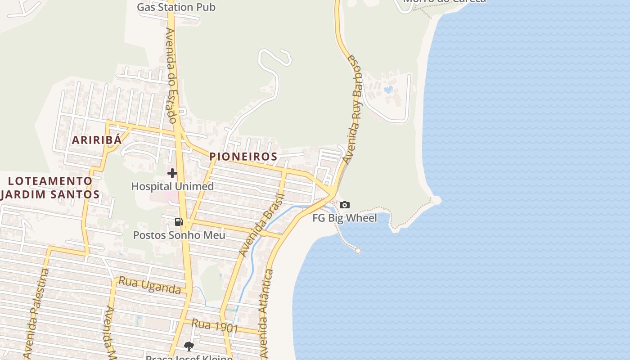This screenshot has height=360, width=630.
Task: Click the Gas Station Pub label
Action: pos(176,7)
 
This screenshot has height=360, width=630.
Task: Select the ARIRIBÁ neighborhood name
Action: pos(97,140)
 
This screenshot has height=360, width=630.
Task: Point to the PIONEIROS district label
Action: pos(243,157)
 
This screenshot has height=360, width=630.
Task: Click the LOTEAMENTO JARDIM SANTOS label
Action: pos(50,188)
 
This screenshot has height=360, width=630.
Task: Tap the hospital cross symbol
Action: pos(172,173)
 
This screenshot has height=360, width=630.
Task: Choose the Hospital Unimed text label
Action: pos(172,186)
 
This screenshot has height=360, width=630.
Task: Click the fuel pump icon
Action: pos(179,222)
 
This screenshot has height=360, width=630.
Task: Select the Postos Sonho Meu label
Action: pos(179,235)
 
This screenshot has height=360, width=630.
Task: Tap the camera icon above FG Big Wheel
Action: pos(344,205)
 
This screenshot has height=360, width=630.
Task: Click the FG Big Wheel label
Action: pos(345,218)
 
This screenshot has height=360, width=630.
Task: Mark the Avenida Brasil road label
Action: pos(262,225)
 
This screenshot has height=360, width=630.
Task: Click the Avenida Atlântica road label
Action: pos(266,313)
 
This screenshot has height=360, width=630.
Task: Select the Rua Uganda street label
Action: pos(150,286)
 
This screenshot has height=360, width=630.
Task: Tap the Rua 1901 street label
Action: pos(215,326)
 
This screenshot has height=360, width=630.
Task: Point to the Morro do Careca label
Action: pos(444,1)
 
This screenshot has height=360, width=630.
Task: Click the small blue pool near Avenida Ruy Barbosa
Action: pos(388,90)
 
